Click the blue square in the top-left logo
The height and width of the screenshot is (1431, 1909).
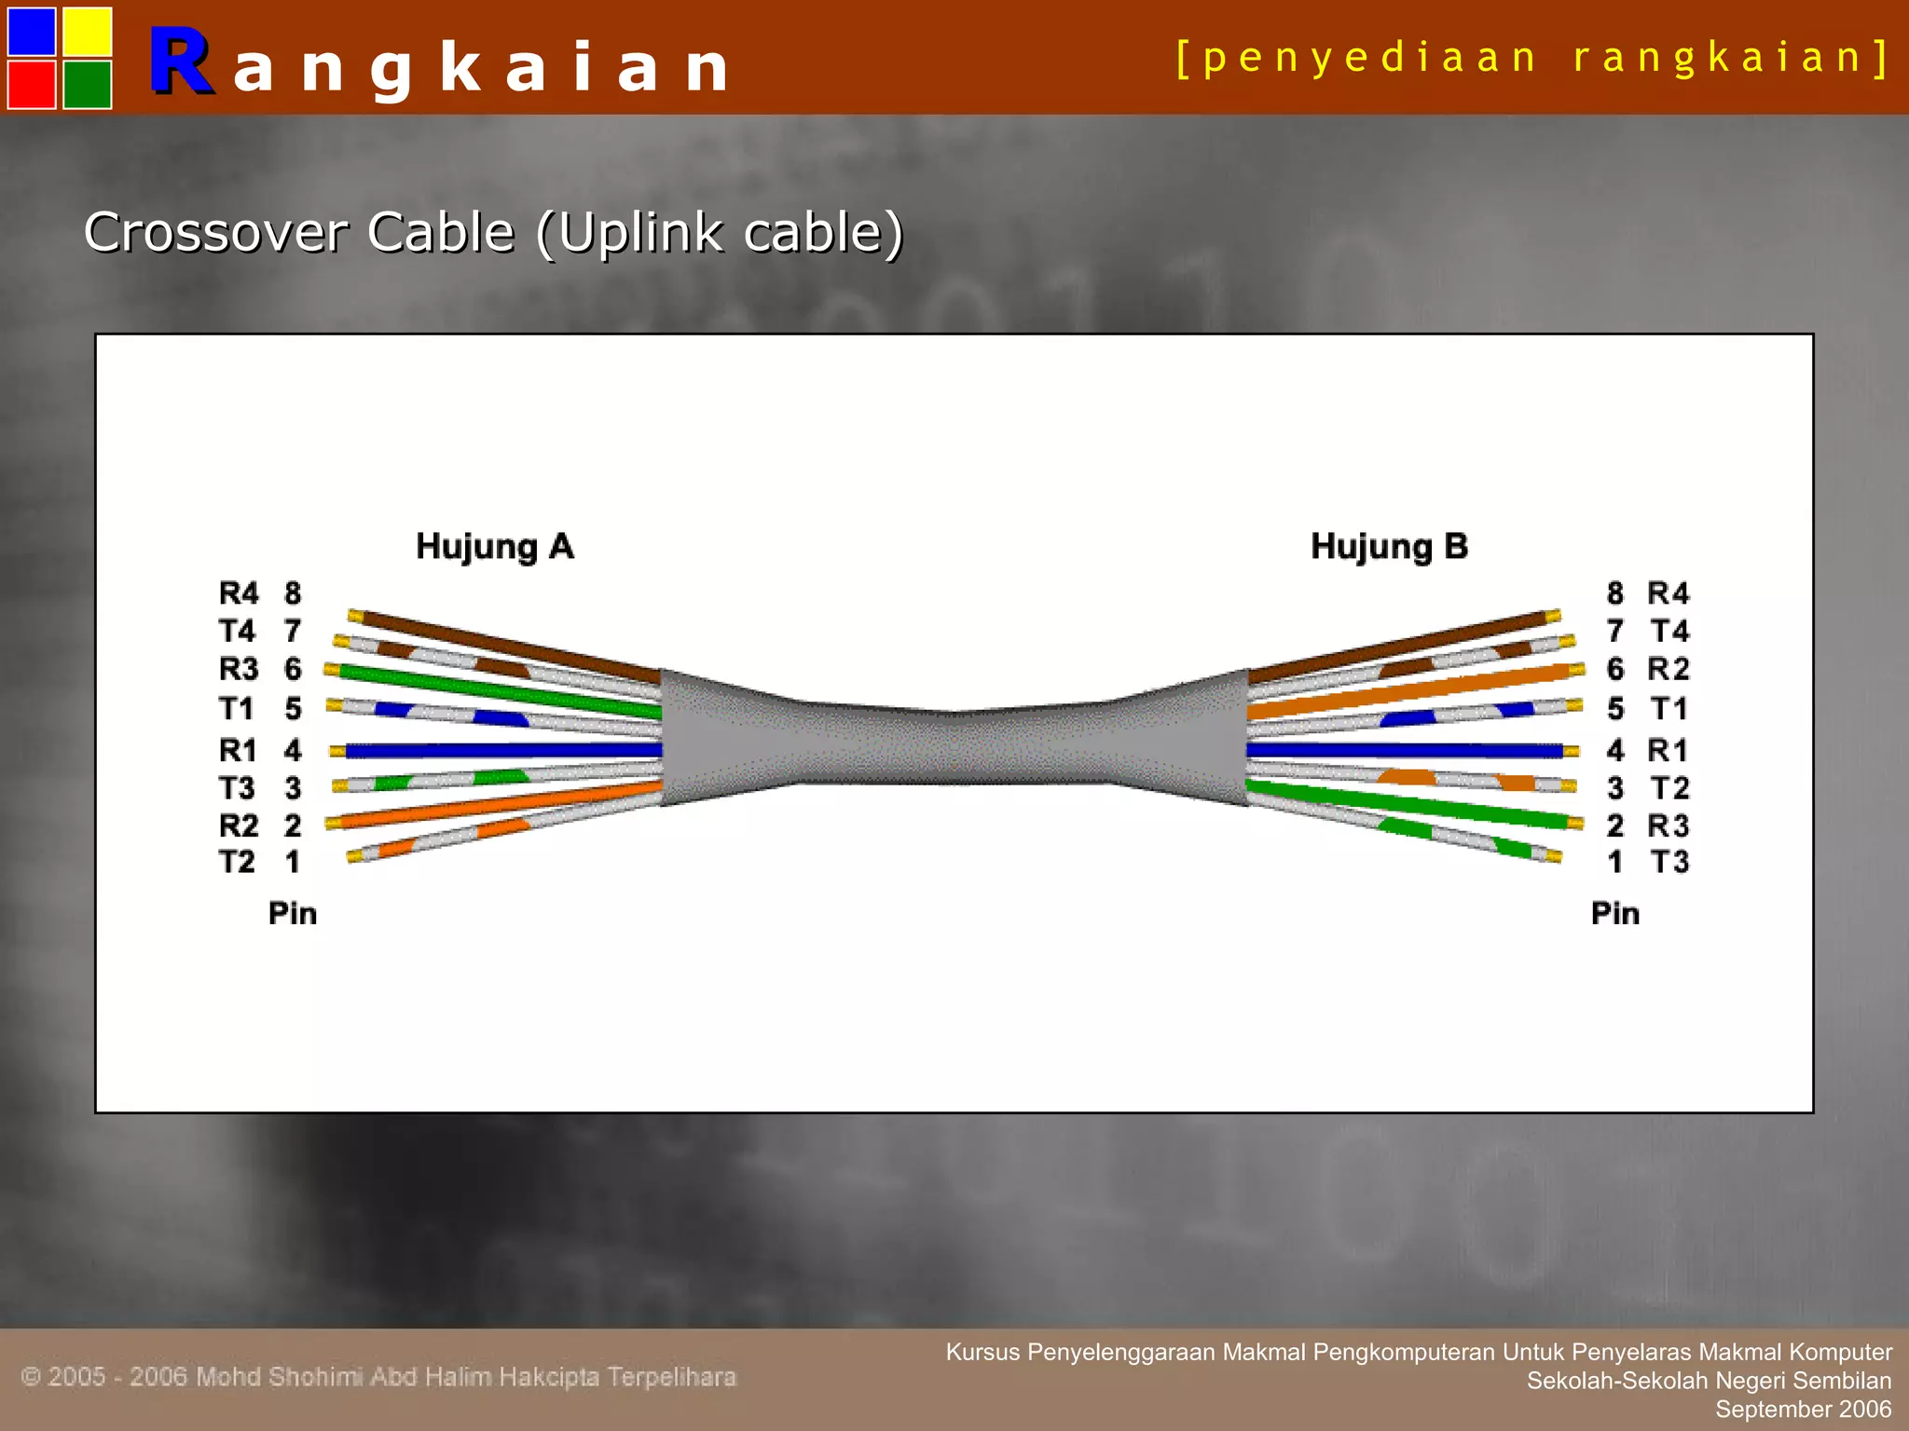click(32, 31)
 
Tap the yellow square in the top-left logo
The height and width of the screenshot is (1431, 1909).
click(88, 31)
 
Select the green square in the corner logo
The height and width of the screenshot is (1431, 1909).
click(88, 84)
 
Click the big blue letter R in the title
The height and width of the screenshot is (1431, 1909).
click(180, 63)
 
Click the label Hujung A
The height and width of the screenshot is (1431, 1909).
click(494, 547)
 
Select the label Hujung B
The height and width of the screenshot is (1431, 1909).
click(1389, 547)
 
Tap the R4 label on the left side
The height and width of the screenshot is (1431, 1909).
click(239, 593)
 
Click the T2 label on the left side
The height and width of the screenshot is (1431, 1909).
click(238, 862)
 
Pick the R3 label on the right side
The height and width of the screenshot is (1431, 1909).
click(1668, 825)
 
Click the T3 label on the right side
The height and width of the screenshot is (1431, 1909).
click(1669, 862)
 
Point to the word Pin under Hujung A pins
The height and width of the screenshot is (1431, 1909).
click(293, 914)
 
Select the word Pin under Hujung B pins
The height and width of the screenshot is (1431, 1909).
click(1614, 914)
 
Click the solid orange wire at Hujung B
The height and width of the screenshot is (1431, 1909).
click(1417, 689)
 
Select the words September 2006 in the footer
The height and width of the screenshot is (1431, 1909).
click(1803, 1410)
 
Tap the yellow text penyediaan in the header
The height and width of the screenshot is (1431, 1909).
click(1370, 58)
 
